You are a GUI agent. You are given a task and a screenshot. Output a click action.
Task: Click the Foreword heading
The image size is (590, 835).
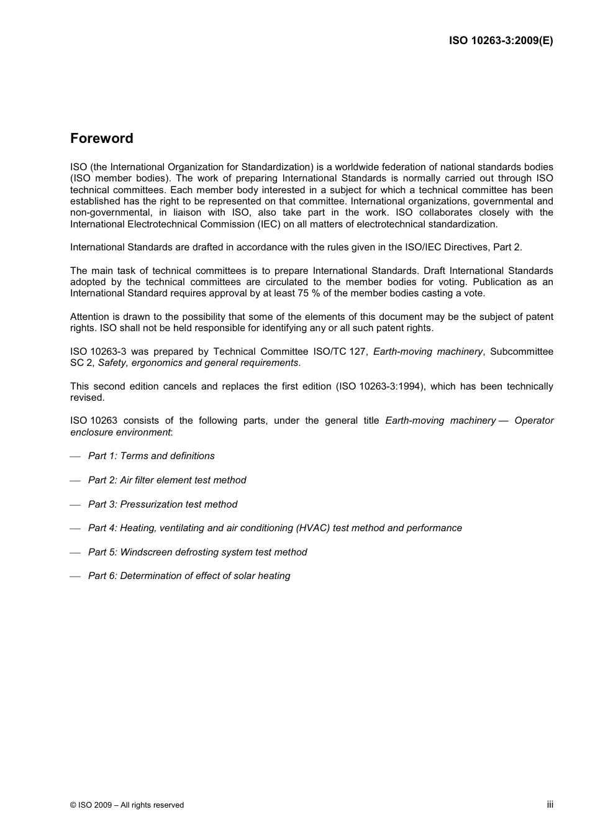[x=101, y=139]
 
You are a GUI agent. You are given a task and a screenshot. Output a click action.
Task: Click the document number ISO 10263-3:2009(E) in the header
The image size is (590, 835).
[x=501, y=41]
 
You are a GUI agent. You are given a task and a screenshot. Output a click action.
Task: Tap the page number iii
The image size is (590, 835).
[x=550, y=805]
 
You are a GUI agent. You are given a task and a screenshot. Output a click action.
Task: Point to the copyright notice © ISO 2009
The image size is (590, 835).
[x=127, y=805]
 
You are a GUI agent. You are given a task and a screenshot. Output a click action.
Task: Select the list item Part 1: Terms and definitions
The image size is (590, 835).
[x=151, y=456]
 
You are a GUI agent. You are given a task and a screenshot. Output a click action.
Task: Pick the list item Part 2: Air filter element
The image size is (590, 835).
[x=167, y=480]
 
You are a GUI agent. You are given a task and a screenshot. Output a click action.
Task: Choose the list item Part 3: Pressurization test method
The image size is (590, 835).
[x=163, y=504]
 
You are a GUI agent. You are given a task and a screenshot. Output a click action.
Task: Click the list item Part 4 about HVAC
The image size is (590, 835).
[x=275, y=528]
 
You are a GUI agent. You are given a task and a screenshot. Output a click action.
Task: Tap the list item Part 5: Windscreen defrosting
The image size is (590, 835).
[x=197, y=552]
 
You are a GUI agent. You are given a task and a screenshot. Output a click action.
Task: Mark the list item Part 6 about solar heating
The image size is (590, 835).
[x=189, y=576]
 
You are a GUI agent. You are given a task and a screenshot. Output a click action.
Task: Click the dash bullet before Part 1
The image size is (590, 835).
[x=75, y=457]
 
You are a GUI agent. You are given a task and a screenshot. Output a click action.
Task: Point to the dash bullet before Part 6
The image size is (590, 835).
[x=75, y=577]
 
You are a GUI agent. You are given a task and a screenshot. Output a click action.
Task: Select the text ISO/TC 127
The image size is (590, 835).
[x=340, y=352]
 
